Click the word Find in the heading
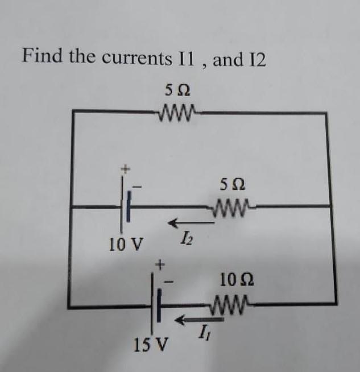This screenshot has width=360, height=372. [42, 56]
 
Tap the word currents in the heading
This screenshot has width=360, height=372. [137, 59]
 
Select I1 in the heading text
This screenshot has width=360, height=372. [187, 59]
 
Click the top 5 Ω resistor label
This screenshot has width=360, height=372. [177, 90]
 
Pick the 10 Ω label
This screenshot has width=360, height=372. [237, 280]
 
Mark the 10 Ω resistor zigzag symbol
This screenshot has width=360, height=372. [230, 305]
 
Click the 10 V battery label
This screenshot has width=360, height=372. [126, 245]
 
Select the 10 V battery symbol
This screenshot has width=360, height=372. [126, 204]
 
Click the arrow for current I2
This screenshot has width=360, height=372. [191, 223]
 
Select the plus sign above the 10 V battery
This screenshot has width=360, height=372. [126, 169]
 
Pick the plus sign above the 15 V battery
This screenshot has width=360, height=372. [160, 264]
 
